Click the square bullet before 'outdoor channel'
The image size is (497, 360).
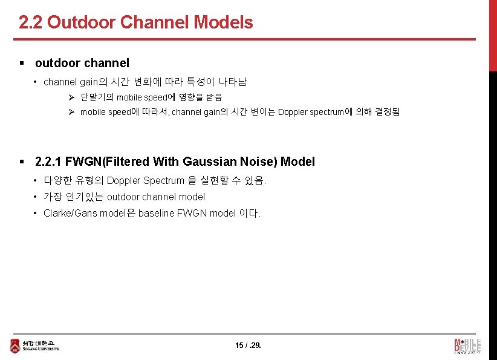coord(22,63)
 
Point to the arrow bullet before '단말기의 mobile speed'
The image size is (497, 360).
coord(71,97)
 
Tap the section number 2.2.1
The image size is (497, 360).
coord(48,162)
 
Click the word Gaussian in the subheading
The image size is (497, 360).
coord(208,162)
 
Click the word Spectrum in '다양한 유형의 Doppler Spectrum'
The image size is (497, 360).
coord(163,180)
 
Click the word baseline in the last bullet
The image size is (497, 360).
coord(156,213)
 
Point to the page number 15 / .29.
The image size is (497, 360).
coord(248,345)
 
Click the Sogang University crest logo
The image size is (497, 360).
coord(15,345)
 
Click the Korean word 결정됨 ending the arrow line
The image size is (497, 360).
coord(388,112)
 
